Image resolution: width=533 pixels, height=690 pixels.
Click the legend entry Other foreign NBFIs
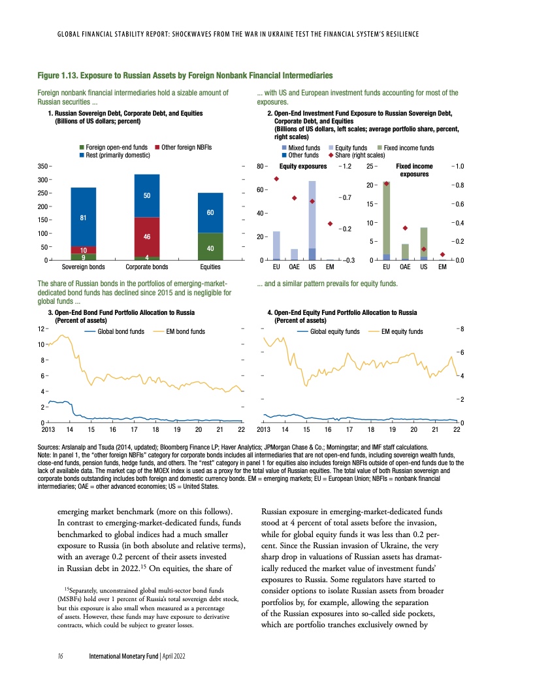tap(184, 148)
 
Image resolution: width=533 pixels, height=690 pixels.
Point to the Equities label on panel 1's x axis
tap(210, 267)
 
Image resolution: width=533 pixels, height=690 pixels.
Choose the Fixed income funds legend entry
tap(410, 148)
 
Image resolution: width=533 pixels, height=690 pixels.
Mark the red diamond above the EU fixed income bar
tap(387, 184)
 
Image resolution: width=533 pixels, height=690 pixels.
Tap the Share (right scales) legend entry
tap(357, 156)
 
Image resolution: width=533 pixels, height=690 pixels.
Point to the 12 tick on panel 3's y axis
tap(41, 328)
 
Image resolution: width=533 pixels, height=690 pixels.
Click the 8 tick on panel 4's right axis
tap(462, 329)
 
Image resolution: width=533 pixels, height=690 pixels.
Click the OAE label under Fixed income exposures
tap(405, 267)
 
